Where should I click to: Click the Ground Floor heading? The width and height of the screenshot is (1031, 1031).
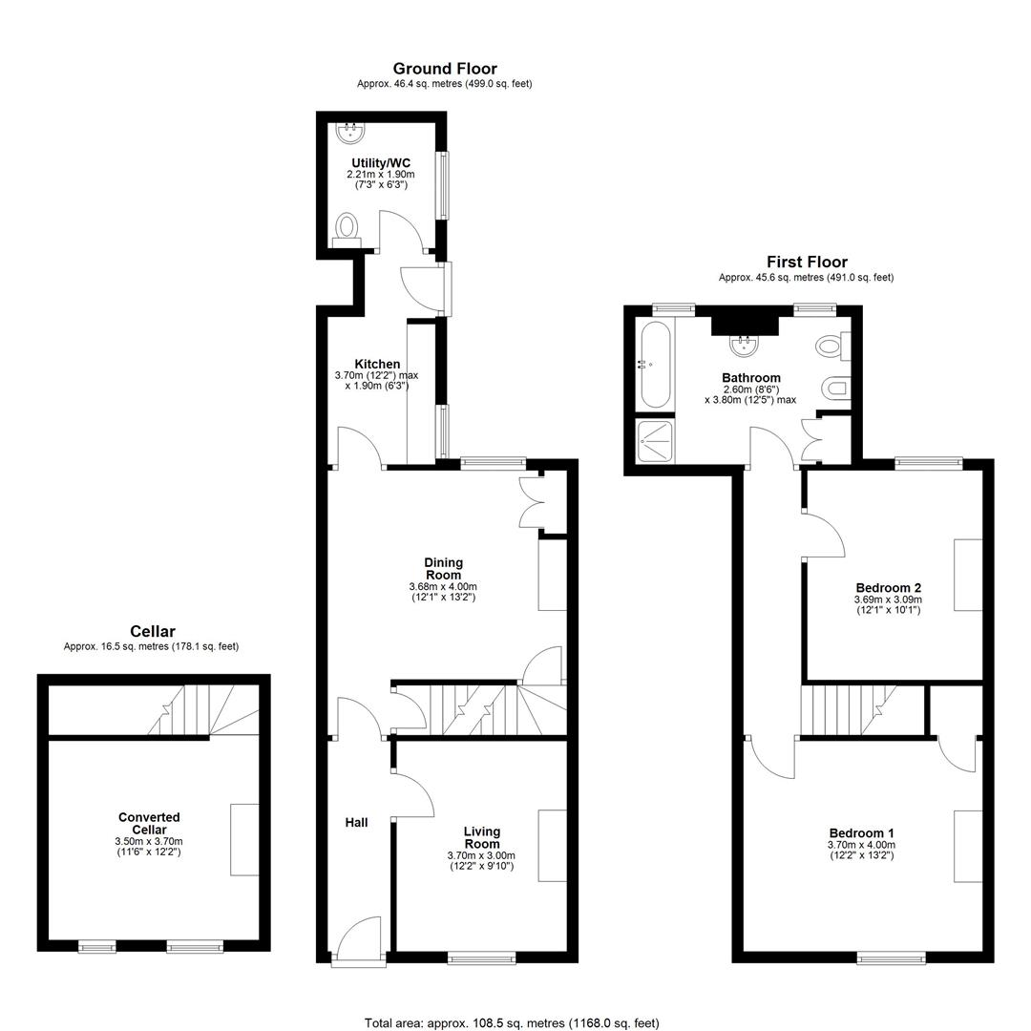click(445, 69)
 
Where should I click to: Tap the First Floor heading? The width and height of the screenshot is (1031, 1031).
click(807, 262)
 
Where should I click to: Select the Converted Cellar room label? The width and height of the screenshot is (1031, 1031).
click(149, 823)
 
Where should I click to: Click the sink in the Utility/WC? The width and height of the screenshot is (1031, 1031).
click(349, 134)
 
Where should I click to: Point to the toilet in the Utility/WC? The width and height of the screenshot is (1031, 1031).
click(347, 229)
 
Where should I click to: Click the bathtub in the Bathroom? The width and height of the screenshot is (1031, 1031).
click(656, 365)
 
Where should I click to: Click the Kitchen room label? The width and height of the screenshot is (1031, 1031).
click(377, 364)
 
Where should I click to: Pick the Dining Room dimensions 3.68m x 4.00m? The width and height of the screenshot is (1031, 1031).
click(443, 586)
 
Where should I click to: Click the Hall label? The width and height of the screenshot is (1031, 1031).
click(357, 822)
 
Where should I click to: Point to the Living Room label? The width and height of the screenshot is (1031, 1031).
click(482, 837)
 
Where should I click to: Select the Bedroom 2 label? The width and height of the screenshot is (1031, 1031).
click(889, 588)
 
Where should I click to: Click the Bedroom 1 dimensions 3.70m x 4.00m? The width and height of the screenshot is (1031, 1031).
click(861, 845)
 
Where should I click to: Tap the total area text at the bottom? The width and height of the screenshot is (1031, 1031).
click(512, 1023)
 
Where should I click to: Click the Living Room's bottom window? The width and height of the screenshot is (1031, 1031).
click(482, 958)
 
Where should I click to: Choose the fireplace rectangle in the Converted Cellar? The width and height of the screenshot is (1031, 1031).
click(244, 839)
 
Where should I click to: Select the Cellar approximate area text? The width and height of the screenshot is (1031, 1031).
click(151, 646)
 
